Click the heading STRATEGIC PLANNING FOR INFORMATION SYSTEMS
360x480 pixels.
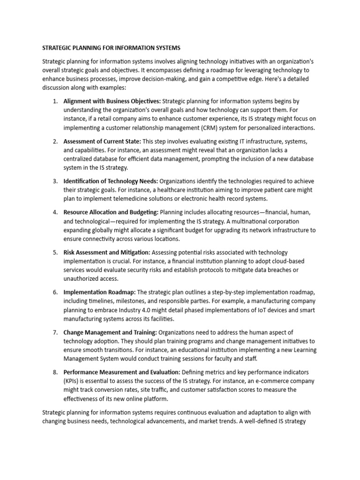click(x=111, y=48)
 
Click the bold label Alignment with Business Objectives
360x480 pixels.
click(x=112, y=101)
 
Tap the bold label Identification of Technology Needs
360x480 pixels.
click(x=111, y=181)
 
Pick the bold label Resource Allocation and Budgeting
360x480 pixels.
click(x=111, y=212)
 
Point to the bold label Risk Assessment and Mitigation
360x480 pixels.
click(x=107, y=252)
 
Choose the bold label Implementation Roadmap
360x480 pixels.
click(x=99, y=292)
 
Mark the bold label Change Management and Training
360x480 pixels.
click(x=107, y=332)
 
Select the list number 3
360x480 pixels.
click(x=55, y=181)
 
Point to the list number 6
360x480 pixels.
click(x=55, y=292)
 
